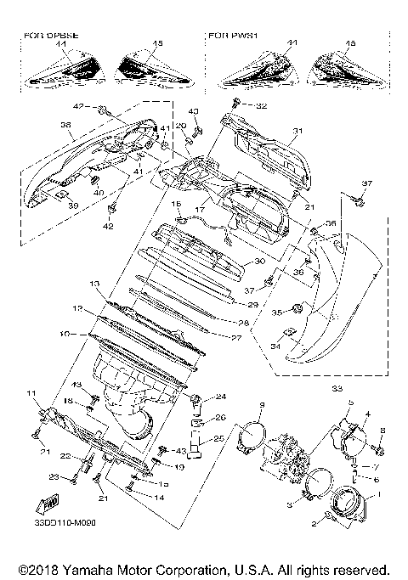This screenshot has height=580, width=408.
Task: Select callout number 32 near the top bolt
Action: (x=261, y=106)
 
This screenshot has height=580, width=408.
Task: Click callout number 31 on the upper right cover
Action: (x=297, y=131)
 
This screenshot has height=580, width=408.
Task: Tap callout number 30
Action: (x=260, y=262)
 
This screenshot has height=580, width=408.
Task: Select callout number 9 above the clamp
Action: (x=263, y=403)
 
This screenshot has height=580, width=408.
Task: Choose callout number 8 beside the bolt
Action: (x=382, y=431)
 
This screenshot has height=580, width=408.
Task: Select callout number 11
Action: (x=31, y=393)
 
